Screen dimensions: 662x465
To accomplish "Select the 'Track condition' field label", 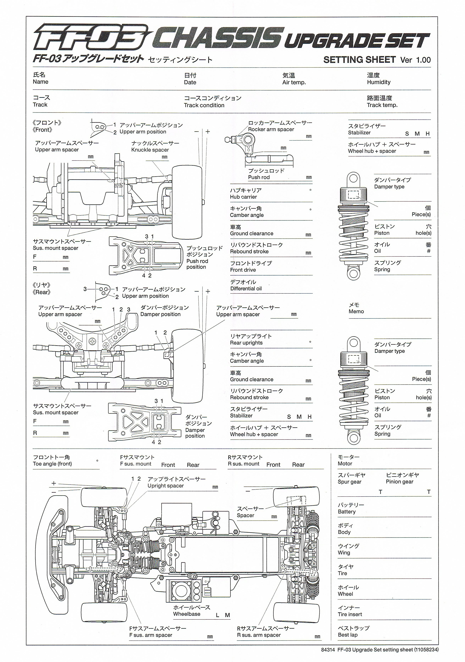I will pos(204,105).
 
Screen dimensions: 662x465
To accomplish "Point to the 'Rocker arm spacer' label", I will pos(271,129).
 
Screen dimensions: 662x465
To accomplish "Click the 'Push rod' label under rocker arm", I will pos(259,177).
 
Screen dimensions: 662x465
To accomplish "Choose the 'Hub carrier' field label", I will pos(243,197).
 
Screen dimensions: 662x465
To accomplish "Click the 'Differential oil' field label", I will pos(246,289).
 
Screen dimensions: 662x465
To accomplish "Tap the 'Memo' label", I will pos(356,311).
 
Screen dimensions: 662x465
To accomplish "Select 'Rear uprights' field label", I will pos(246,343).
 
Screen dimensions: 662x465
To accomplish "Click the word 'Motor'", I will pos(345,464).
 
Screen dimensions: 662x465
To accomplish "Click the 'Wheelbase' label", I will pos(187,614).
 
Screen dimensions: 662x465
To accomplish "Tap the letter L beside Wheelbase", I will pos(218,615).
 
